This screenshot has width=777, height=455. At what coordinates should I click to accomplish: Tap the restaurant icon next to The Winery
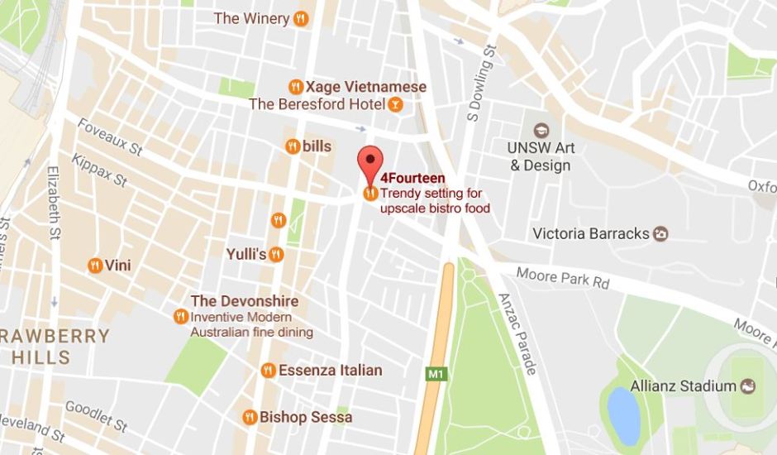302,18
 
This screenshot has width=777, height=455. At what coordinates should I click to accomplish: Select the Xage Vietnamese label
365,87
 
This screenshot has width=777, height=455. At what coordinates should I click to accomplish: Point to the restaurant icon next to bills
293,146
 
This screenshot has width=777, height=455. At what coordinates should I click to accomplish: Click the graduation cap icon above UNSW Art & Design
541,130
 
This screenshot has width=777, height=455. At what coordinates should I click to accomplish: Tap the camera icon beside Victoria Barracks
660,233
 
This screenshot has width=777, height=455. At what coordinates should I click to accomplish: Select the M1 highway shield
435,375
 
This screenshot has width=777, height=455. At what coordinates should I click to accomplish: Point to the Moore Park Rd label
563,277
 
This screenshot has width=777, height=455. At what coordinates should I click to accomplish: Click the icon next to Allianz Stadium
747,386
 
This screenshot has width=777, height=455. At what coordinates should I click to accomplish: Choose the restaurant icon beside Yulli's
277,254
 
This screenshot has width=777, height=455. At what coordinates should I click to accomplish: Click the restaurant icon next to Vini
95,266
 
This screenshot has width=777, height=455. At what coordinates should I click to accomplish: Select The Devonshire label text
245,301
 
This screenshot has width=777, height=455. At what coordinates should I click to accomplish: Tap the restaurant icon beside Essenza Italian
268,370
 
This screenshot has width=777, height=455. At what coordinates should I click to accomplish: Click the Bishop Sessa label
306,417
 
